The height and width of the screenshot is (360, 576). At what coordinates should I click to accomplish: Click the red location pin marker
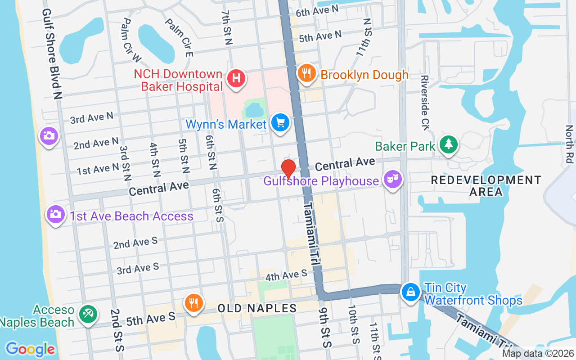click(x=288, y=169)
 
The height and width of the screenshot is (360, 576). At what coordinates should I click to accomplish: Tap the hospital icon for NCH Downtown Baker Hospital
click(x=236, y=78)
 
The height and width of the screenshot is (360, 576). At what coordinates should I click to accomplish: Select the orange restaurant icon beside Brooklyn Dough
click(x=306, y=73)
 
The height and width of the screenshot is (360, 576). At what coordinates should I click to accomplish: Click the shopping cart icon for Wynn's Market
click(x=280, y=122)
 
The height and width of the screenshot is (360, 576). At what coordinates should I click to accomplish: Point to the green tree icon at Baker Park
click(x=448, y=144)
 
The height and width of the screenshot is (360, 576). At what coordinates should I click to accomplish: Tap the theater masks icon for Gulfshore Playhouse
click(x=392, y=180)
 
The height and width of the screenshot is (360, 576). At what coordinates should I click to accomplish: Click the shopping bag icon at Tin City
click(x=411, y=292)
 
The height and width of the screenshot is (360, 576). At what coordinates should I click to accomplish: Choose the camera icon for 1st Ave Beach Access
click(x=55, y=214)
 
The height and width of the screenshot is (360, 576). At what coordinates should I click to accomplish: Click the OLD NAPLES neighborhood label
click(x=257, y=309)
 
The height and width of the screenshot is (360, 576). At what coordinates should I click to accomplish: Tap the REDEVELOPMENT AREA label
click(x=486, y=186)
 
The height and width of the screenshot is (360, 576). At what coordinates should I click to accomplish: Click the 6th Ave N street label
click(x=317, y=11)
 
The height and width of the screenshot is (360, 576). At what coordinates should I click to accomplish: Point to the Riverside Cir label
click(x=425, y=103)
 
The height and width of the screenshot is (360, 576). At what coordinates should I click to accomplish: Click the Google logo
click(x=30, y=349)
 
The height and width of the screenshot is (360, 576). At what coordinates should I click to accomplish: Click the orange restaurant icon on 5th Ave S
click(x=193, y=302)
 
